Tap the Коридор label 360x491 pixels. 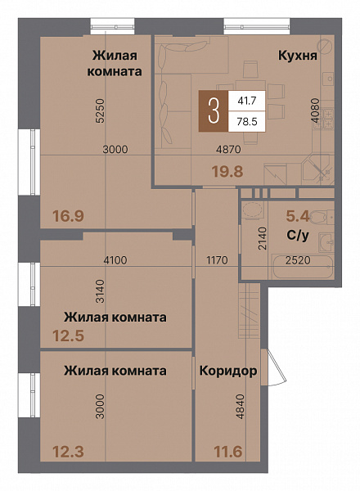(x=228, y=371)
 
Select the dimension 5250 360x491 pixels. (x=99, y=110)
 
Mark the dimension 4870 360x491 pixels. (x=227, y=149)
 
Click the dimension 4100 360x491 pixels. (x=115, y=260)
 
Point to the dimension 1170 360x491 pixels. (x=218, y=260)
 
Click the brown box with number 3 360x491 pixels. (x=214, y=112)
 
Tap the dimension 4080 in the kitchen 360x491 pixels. (x=315, y=111)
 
